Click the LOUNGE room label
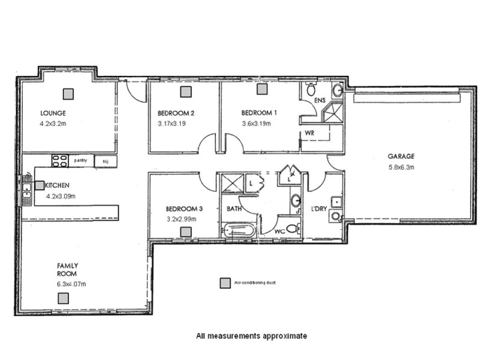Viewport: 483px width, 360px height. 53,113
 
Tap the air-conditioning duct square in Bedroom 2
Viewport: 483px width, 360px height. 185,91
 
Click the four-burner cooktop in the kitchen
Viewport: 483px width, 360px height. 59,161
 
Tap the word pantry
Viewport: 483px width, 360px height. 81,161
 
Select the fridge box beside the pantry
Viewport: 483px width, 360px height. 105,161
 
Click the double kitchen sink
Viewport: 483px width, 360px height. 26,189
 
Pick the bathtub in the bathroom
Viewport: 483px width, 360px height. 239,232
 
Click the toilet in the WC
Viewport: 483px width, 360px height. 292,229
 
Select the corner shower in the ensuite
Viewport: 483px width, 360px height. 334,113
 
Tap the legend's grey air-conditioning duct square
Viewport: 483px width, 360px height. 225,284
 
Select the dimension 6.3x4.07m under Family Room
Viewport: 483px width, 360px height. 72,284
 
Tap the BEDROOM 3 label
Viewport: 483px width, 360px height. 184,208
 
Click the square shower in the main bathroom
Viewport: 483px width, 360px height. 232,183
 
